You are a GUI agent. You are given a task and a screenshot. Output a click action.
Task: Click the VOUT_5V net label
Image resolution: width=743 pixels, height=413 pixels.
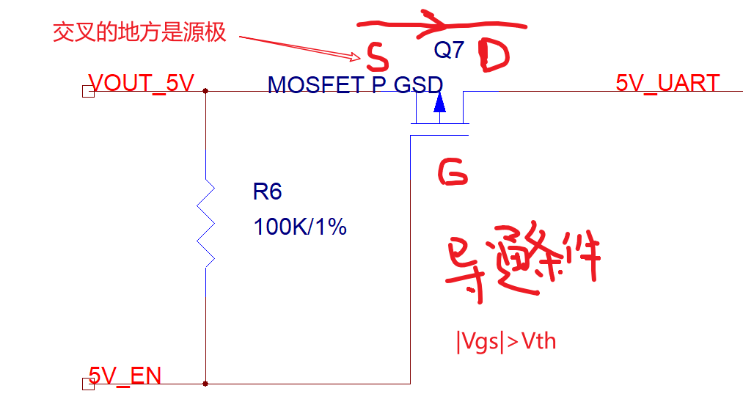pyautogui.click(x=142, y=83)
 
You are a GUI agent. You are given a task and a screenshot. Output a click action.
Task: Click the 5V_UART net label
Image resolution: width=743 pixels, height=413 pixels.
pyautogui.click(x=667, y=83)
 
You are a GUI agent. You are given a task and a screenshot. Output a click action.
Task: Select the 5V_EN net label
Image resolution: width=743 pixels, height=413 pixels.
pyautogui.click(x=125, y=376)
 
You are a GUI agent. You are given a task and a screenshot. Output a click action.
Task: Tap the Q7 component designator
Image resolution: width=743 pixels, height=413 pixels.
pyautogui.click(x=449, y=50)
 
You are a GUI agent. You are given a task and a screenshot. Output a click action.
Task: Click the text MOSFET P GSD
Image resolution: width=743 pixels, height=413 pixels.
pyautogui.click(x=355, y=85)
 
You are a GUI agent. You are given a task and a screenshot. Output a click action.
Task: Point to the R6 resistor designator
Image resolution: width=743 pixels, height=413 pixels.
pyautogui.click(x=267, y=192)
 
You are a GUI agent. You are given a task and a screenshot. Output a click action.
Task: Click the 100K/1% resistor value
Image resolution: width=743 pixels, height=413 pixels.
pyautogui.click(x=300, y=227)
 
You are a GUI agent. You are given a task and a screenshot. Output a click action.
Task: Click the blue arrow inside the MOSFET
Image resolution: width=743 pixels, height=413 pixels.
pyautogui.click(x=439, y=105)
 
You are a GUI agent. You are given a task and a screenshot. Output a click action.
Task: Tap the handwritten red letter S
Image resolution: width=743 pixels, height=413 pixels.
pyautogui.click(x=376, y=54)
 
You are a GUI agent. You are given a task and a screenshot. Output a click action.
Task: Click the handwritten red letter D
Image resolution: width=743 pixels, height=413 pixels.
pyautogui.click(x=493, y=57)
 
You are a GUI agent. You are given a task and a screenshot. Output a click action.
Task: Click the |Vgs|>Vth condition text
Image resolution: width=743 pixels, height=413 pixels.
pyautogui.click(x=505, y=341)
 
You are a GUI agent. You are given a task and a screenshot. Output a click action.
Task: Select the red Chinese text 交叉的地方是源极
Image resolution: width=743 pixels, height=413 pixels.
pyautogui.click(x=139, y=32)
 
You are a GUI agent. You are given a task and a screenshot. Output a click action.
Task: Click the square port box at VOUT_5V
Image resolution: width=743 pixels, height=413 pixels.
pyautogui.click(x=88, y=92)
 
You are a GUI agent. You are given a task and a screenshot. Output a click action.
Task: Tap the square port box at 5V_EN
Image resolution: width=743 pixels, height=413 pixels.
pyautogui.click(x=88, y=384)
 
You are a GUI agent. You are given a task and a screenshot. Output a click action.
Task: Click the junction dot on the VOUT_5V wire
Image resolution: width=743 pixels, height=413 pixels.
pyautogui.click(x=205, y=92)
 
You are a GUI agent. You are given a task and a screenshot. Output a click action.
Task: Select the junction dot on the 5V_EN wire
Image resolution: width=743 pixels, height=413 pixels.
pyautogui.click(x=205, y=383)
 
